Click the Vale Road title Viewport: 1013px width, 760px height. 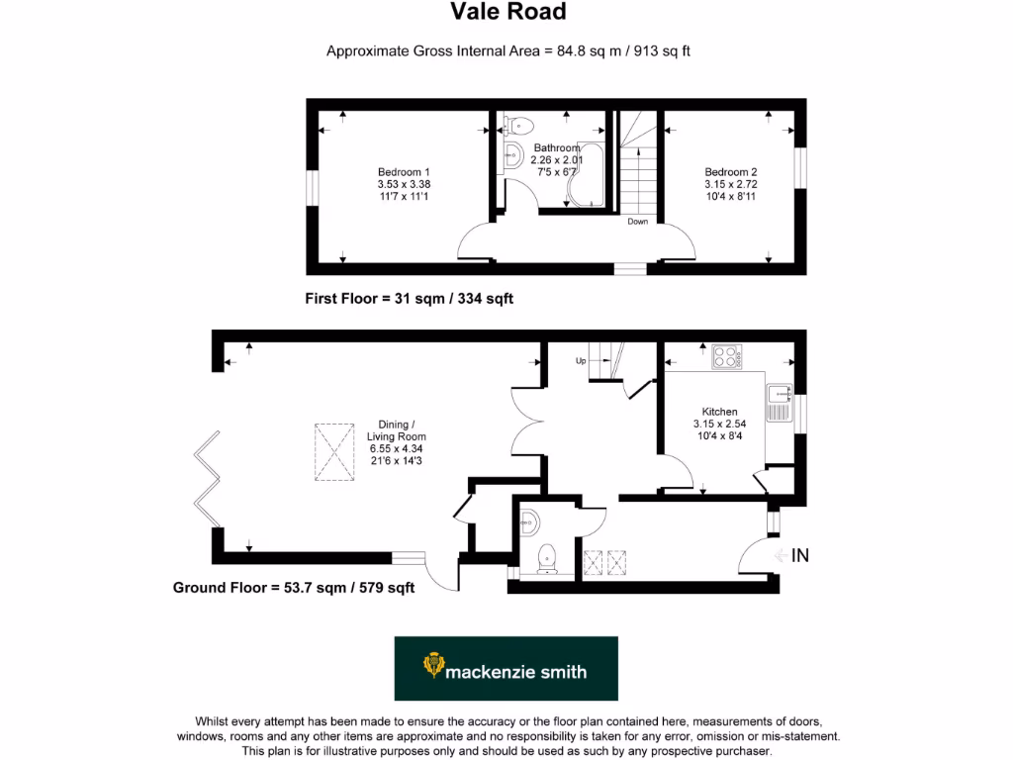[x=508, y=12]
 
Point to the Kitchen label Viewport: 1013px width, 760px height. [x=719, y=412]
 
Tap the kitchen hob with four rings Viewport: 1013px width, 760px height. [x=727, y=356]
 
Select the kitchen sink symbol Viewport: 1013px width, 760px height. [x=777, y=399]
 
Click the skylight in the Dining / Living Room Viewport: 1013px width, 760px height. [x=334, y=453]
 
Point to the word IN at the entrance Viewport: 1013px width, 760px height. [x=799, y=556]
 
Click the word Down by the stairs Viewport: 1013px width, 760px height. [x=637, y=222]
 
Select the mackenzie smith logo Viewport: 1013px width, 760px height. [x=506, y=669]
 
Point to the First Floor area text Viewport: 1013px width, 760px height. [x=410, y=298]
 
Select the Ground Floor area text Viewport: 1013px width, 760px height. [x=294, y=588]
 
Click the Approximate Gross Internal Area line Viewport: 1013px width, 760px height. [x=507, y=51]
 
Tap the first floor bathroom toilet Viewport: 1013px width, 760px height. [x=517, y=125]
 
